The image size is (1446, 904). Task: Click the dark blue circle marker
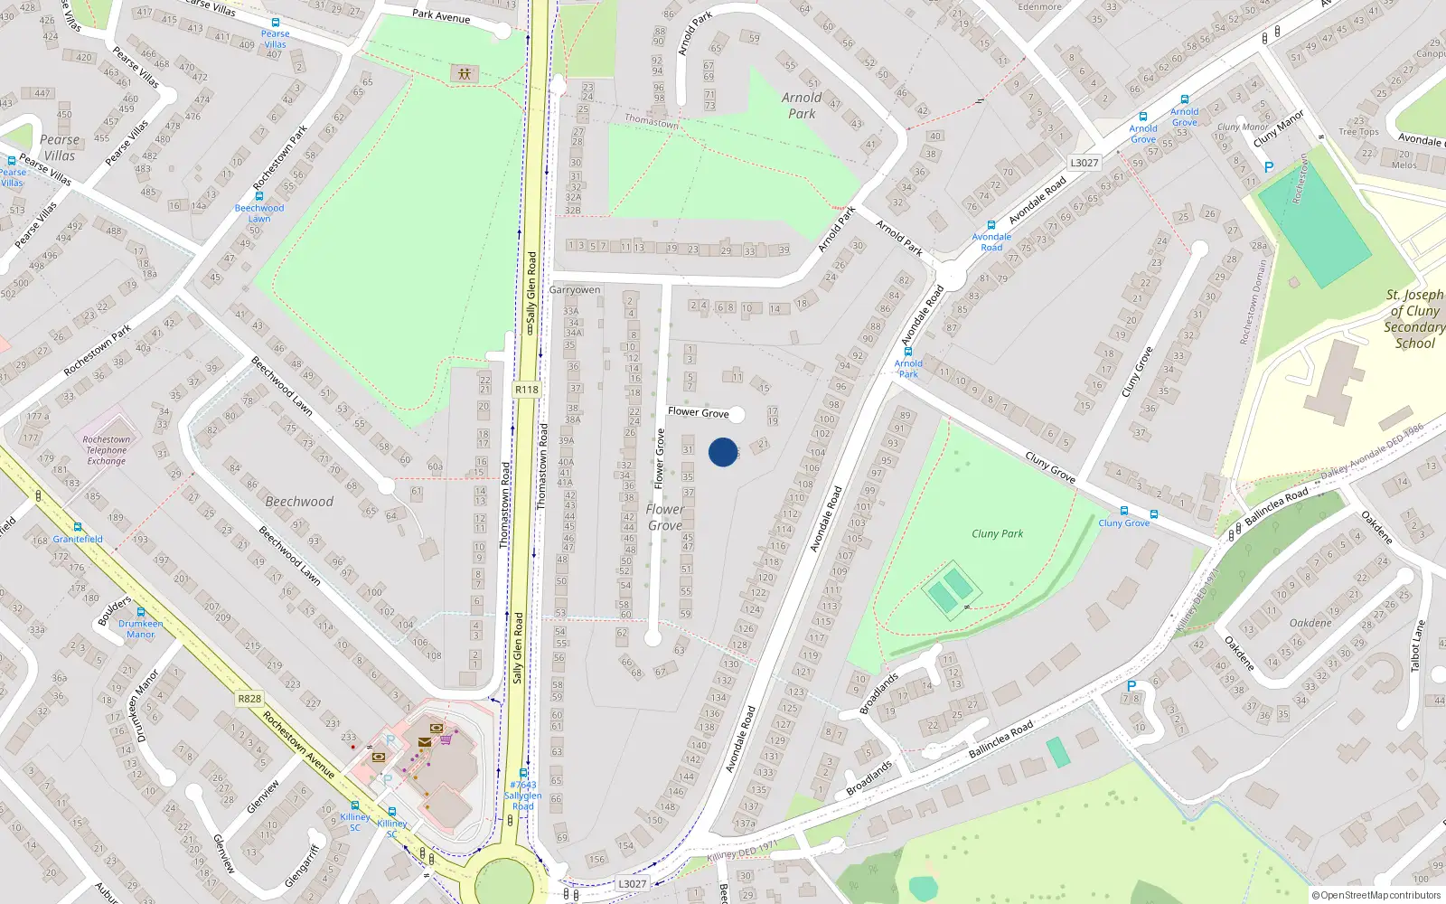(x=723, y=452)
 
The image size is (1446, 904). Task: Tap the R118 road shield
(x=527, y=390)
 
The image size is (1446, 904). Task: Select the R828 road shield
(x=249, y=699)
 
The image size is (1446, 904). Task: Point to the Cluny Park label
(x=998, y=533)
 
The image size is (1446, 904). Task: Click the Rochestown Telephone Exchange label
(x=107, y=450)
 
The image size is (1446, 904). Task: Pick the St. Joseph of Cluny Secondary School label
(x=1414, y=319)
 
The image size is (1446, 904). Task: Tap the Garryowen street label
(x=575, y=290)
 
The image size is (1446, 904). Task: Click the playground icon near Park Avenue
(x=465, y=73)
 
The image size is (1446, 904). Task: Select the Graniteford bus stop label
(x=78, y=539)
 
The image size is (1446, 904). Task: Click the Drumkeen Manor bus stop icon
(x=140, y=612)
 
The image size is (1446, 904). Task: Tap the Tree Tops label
(x=1359, y=132)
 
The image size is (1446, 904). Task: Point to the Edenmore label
(x=1040, y=6)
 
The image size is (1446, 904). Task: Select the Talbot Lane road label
(x=1417, y=645)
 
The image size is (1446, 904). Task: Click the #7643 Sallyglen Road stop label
(x=523, y=796)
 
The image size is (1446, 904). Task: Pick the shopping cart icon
(x=446, y=739)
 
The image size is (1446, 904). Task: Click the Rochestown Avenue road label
(x=299, y=745)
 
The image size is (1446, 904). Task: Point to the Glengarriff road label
(x=302, y=866)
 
